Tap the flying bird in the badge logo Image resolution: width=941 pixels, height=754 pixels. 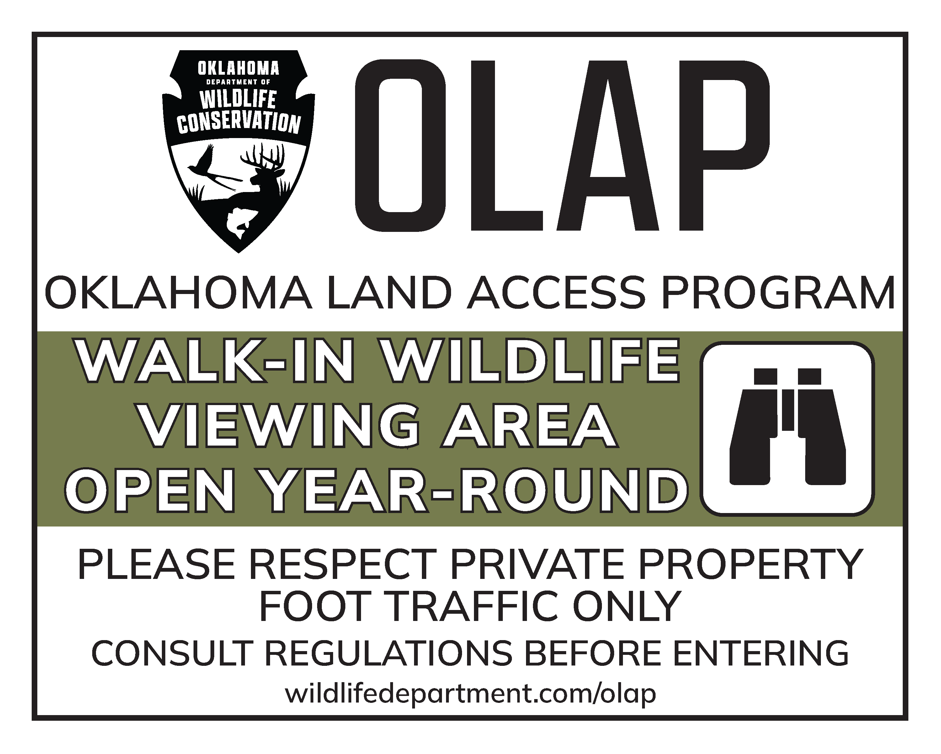[210, 168]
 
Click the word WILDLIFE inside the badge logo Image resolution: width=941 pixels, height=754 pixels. [238, 99]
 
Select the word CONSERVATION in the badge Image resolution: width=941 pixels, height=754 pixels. [239, 122]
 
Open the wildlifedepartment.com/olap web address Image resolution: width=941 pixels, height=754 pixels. [470, 694]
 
